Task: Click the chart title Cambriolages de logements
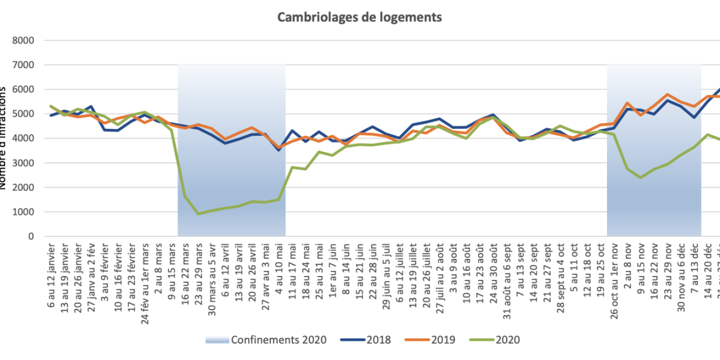359,17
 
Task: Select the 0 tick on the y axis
31,236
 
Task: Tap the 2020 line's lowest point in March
199,213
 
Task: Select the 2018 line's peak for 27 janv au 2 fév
92,107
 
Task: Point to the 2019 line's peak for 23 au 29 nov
668,95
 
